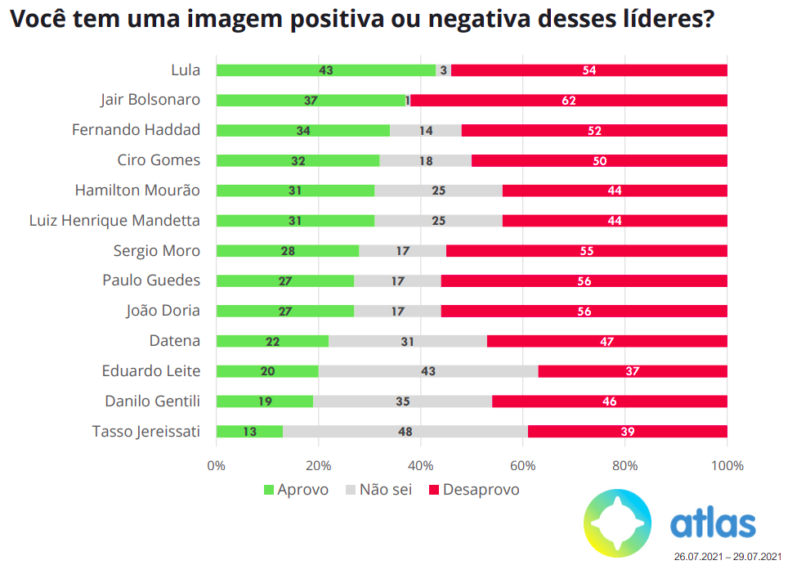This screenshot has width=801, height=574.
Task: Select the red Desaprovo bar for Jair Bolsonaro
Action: [568, 101]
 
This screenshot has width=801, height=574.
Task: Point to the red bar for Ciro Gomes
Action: [599, 160]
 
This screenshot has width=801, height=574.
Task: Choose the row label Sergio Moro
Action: [157, 250]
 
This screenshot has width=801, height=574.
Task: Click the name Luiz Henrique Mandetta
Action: [114, 220]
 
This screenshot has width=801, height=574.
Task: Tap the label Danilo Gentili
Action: [153, 401]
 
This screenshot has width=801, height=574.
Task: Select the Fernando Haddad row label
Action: [136, 130]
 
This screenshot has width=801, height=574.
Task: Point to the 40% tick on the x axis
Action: [420, 466]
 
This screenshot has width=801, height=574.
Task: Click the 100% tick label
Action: [727, 466]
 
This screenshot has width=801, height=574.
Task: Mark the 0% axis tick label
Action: [216, 466]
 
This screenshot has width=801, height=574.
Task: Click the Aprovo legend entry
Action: [295, 490]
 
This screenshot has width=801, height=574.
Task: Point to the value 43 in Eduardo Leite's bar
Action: [428, 371]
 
